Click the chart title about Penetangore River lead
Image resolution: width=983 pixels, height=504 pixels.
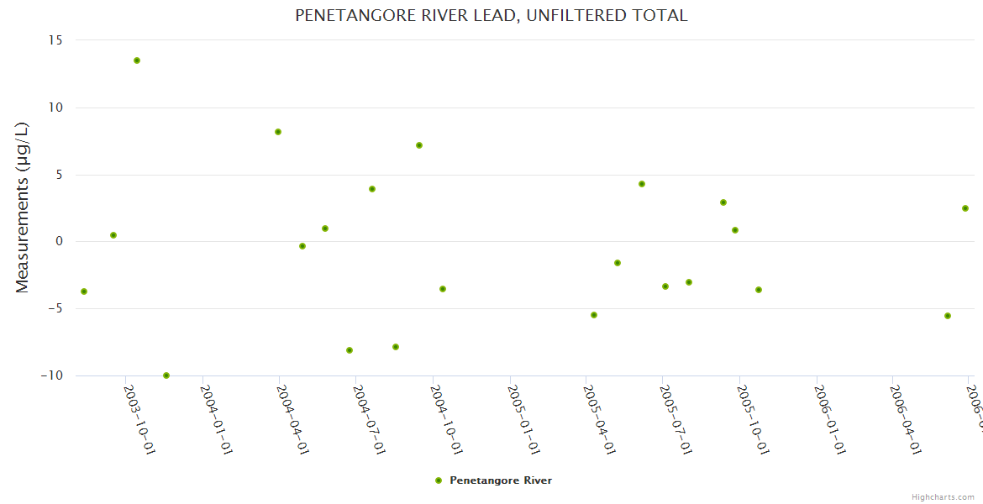click(x=491, y=15)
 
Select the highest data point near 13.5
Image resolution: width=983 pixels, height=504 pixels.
click(x=137, y=60)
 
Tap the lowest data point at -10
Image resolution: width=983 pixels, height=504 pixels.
click(x=166, y=375)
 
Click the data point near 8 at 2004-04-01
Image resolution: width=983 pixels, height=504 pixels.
click(x=278, y=132)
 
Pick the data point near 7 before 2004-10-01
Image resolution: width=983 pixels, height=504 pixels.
click(x=419, y=145)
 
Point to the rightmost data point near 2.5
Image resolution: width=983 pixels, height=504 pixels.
click(x=965, y=208)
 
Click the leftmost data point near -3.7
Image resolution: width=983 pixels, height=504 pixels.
click(x=84, y=291)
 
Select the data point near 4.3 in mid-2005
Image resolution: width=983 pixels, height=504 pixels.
click(x=642, y=184)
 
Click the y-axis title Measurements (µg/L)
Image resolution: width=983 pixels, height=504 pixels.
click(x=23, y=207)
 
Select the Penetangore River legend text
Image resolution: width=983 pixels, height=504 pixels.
click(x=501, y=480)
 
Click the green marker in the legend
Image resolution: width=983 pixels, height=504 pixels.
click(x=438, y=480)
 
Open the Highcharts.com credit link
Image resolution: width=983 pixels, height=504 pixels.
click(x=943, y=497)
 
